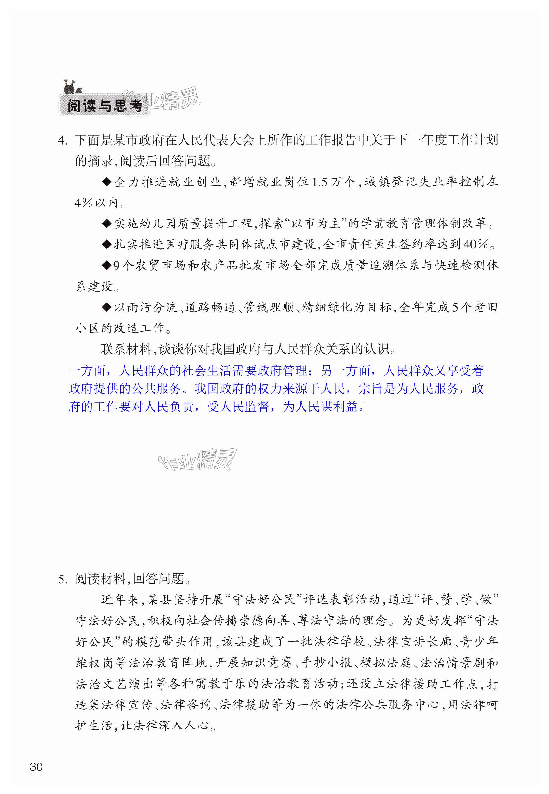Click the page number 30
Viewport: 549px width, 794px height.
(x=36, y=767)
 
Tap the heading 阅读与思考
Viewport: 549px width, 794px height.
(x=104, y=106)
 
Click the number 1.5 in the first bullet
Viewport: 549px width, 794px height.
(x=319, y=182)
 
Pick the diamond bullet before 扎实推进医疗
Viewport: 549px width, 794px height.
(x=107, y=244)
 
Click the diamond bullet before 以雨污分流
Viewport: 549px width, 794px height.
(x=107, y=307)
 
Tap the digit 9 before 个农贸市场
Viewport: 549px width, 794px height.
(x=117, y=265)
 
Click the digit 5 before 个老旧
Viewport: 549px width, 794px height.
(x=455, y=307)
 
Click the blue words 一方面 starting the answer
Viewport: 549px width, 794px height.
(x=87, y=371)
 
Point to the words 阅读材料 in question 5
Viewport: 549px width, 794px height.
(x=100, y=579)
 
